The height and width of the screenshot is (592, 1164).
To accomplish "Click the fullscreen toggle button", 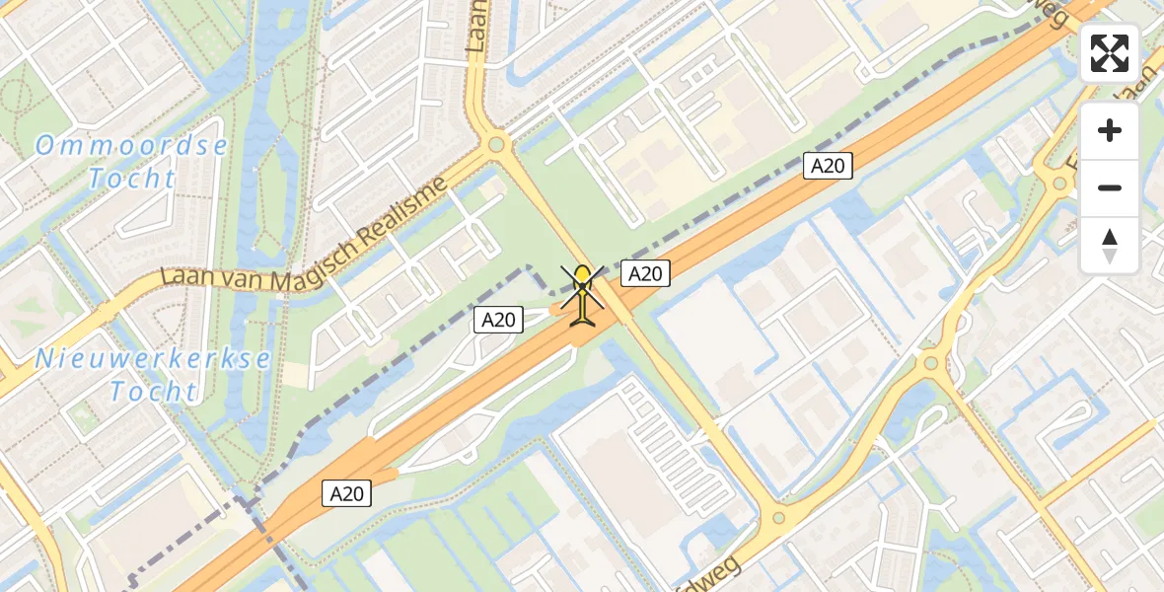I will (1110, 53).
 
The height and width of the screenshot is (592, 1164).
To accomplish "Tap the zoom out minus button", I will (1110, 187).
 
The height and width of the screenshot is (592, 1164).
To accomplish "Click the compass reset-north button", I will (1110, 245).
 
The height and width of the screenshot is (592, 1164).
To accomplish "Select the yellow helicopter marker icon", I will (584, 295).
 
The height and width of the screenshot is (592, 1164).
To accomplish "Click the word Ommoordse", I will (131, 147).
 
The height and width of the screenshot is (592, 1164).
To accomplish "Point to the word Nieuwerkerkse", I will (153, 358).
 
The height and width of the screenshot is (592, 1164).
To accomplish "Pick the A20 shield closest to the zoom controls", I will (827, 166).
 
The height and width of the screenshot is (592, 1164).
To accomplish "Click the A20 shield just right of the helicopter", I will (645, 273).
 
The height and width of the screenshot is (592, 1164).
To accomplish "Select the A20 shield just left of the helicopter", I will (497, 319).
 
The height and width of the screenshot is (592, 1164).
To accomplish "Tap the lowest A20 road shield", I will (346, 494).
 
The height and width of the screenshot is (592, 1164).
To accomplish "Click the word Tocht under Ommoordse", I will (131, 180).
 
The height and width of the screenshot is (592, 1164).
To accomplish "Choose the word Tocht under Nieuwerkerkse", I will (153, 392).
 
